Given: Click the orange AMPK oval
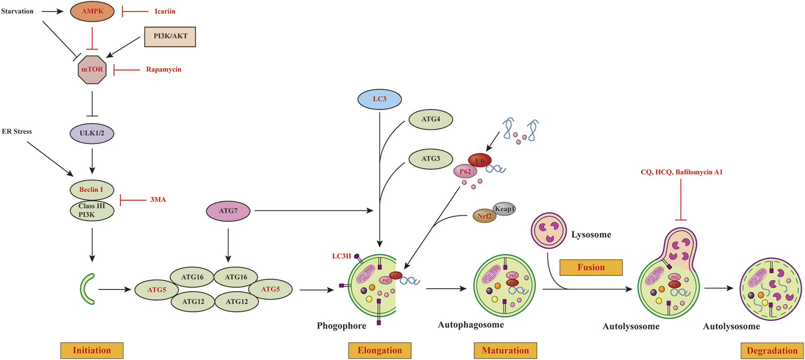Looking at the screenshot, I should [92, 11].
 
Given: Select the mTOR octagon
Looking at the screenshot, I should [92, 70].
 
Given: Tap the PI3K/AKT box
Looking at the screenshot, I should [170, 37].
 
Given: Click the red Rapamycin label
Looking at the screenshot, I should [164, 70].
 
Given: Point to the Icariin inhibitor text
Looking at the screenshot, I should [164, 11].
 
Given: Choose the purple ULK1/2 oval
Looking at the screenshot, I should [92, 133].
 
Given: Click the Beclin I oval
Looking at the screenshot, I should [92, 190].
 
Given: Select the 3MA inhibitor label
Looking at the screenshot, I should [158, 200].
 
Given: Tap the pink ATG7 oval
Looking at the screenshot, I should [228, 211].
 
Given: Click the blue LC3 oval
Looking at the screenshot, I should [379, 99].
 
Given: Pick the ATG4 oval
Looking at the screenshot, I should [431, 119].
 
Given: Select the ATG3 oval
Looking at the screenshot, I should [431, 159].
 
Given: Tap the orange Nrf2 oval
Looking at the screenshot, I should [484, 216].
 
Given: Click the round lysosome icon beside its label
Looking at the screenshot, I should [549, 230].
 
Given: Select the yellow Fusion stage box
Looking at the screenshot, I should [591, 267].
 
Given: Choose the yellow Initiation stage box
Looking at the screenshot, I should [92, 350].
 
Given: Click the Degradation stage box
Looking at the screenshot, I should [772, 351].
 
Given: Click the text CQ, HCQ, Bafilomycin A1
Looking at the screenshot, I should [681, 172].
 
